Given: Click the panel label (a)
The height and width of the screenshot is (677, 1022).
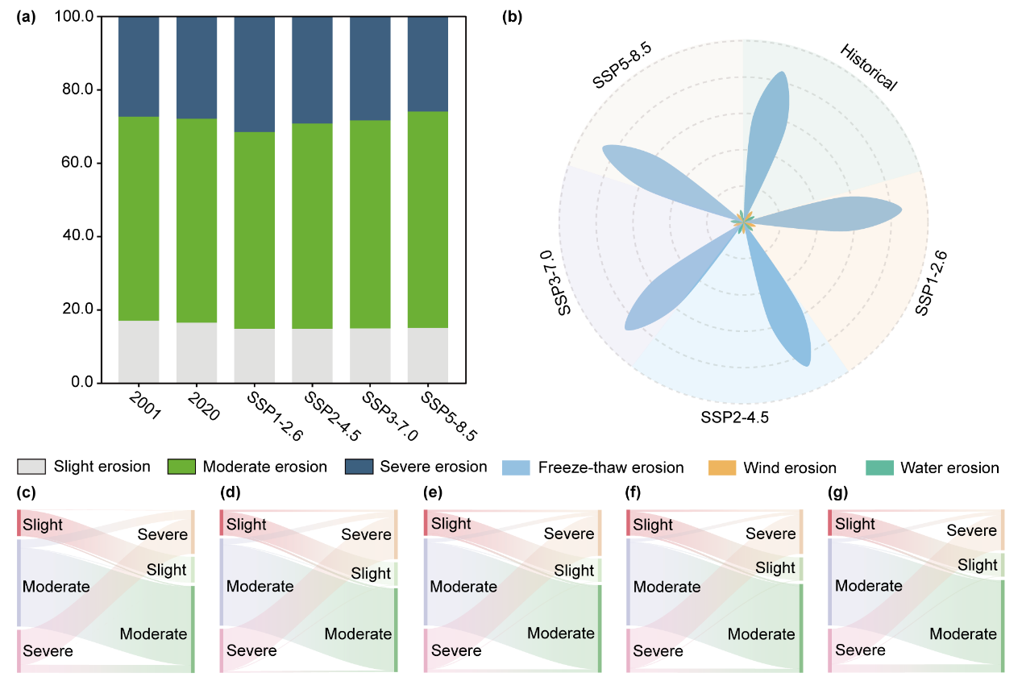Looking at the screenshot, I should [26, 18].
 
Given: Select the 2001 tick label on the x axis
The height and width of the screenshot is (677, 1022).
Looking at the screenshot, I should [145, 407].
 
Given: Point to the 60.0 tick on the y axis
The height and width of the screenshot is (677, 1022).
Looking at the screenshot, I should [77, 163].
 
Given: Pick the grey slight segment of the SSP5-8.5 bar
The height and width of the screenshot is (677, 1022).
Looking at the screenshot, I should [428, 355].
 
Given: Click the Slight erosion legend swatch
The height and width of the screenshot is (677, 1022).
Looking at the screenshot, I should [31, 467].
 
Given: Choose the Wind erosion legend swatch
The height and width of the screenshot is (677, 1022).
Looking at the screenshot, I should [721, 467].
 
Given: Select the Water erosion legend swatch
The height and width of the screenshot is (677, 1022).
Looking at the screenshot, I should [879, 467].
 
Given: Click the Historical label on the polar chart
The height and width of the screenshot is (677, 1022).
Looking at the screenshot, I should [869, 68].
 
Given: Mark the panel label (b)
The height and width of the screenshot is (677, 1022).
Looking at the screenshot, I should [512, 18].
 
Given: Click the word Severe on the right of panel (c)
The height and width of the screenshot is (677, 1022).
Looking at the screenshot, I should [162, 534].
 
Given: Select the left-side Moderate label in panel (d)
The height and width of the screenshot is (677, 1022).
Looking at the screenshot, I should [260, 586].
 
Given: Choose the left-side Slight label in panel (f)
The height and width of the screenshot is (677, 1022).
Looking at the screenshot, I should [652, 525].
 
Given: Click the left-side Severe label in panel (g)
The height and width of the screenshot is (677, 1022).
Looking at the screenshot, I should [858, 650].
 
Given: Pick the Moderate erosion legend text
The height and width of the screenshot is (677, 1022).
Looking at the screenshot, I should [265, 467].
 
